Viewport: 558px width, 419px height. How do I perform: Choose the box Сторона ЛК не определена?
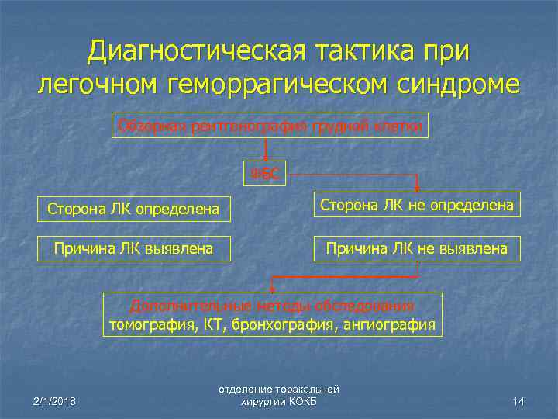click(x=417, y=205)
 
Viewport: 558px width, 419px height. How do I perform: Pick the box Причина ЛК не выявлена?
click(x=417, y=248)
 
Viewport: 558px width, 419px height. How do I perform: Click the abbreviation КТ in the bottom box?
click(x=215, y=324)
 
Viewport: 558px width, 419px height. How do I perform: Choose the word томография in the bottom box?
click(x=152, y=324)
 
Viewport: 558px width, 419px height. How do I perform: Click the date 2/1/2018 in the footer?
click(x=53, y=400)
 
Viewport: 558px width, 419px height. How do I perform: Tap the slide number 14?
click(x=518, y=400)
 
